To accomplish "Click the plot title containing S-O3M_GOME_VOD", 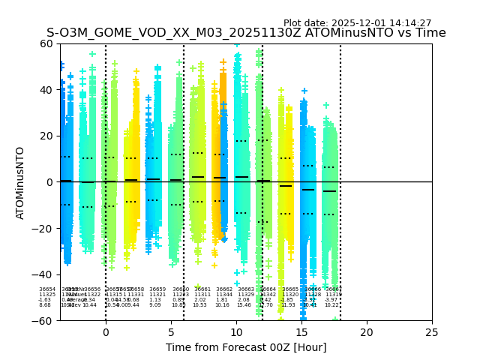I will point(246,33).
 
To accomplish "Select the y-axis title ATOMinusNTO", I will point(20,182).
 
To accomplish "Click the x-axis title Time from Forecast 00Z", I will point(246,347).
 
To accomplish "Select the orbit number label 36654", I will point(47,289).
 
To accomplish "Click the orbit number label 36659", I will point(157,289).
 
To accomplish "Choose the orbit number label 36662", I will point(224,289).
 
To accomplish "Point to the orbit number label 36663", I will point(246,289).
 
